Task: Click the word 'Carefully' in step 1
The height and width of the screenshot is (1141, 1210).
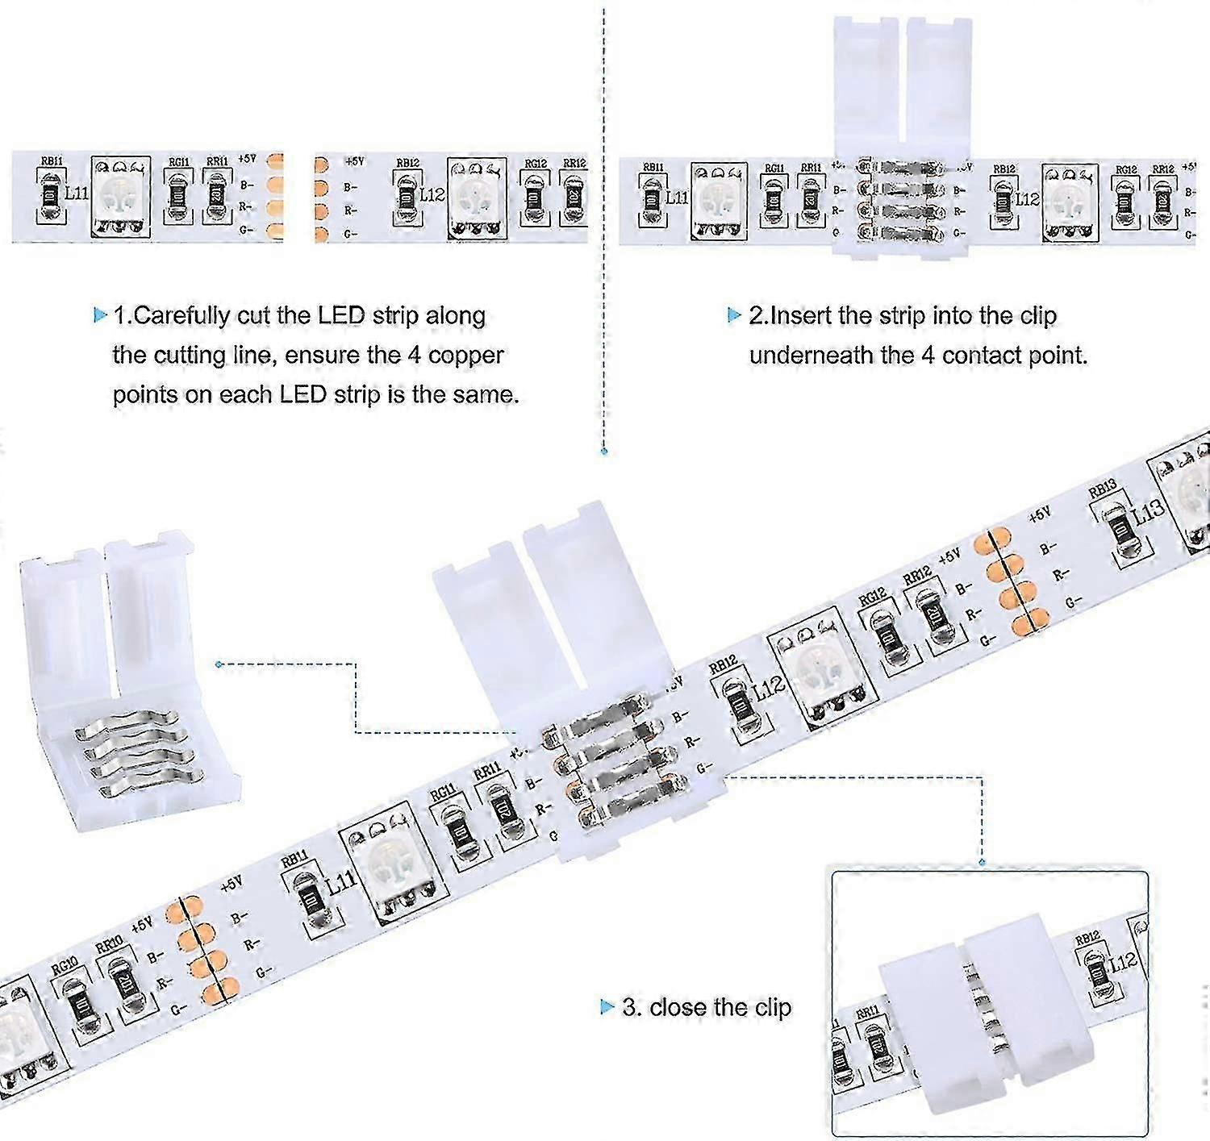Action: pyautogui.click(x=181, y=315)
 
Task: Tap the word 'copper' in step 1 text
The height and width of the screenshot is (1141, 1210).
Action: pyautogui.click(x=466, y=355)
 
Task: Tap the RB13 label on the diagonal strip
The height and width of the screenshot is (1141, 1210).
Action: pyautogui.click(x=1102, y=489)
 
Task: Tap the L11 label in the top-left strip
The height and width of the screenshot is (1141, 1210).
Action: pyautogui.click(x=77, y=194)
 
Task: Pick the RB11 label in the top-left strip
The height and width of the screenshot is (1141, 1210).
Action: pyautogui.click(x=52, y=161)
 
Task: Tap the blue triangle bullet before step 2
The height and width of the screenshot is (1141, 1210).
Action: pyautogui.click(x=734, y=315)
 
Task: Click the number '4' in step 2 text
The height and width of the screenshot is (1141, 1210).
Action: pyautogui.click(x=928, y=355)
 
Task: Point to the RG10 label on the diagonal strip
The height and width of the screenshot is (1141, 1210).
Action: pyautogui.click(x=65, y=964)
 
